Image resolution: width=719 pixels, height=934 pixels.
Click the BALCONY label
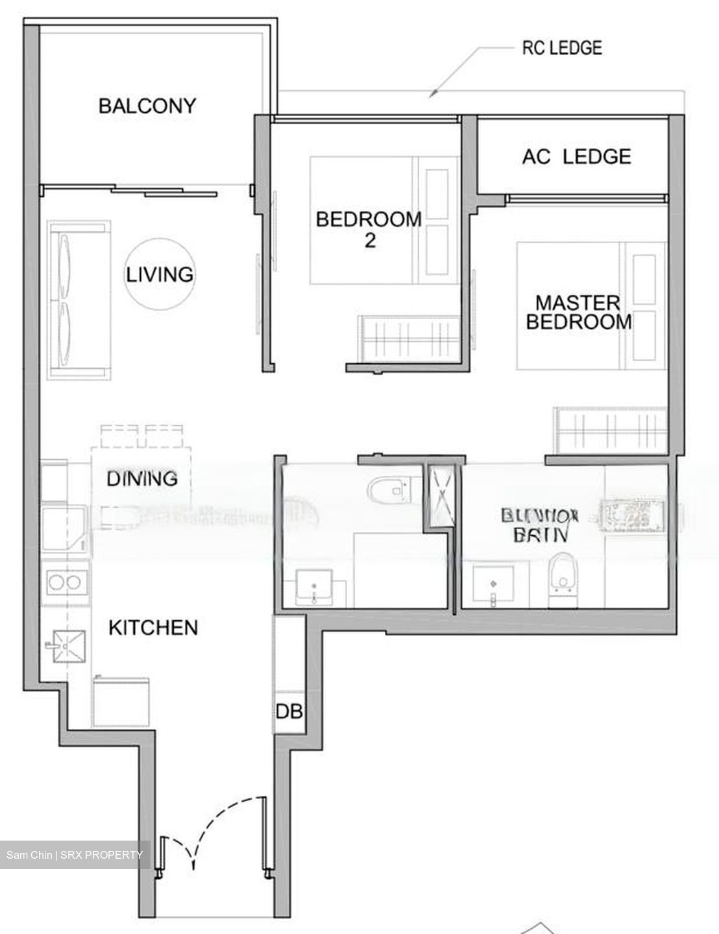147,106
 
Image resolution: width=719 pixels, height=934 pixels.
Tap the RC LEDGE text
562,47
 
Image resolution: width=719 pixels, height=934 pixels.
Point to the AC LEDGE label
576,156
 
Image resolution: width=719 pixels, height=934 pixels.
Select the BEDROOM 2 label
369,229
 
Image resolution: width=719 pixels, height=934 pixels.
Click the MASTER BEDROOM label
578,312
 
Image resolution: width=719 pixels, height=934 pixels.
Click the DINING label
142,479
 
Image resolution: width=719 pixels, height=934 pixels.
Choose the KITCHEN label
152,627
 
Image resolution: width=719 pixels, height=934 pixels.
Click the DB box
289,712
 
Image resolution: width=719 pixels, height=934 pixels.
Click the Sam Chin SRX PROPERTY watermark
75,855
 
